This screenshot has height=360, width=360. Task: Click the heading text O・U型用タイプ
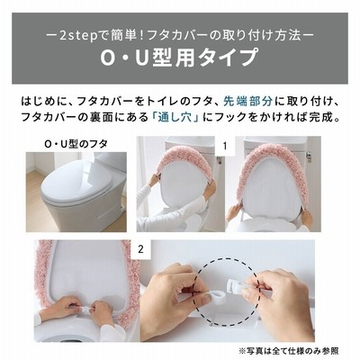[179, 57]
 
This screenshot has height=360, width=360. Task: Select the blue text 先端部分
[247, 102]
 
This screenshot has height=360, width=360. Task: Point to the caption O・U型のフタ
[76, 144]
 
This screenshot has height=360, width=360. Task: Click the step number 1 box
[225, 146]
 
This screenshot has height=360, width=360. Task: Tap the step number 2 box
[140, 249]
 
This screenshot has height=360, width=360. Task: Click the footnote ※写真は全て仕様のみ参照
[289, 350]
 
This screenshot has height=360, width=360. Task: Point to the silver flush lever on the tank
[308, 156]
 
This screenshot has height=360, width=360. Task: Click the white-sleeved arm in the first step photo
[150, 201]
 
